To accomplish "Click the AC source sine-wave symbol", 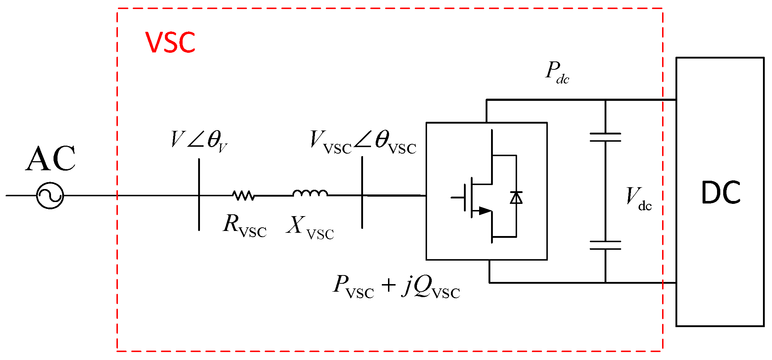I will (x=50, y=196).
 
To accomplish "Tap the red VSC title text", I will (x=170, y=43).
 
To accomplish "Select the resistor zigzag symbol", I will (x=244, y=196).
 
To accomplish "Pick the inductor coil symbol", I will (x=310, y=193).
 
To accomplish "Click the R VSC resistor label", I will (x=245, y=226).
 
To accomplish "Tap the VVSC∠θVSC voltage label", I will (x=363, y=142).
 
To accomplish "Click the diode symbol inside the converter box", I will (x=516, y=198).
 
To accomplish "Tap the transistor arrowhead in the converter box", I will (x=485, y=211).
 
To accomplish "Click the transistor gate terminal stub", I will (x=458, y=198).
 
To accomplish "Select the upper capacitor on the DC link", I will (x=605, y=137).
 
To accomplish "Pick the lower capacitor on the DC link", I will (x=605, y=245).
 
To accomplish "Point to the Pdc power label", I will (x=557, y=73).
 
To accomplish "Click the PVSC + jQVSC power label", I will (x=396, y=287).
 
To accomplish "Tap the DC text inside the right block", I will (x=720, y=193).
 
